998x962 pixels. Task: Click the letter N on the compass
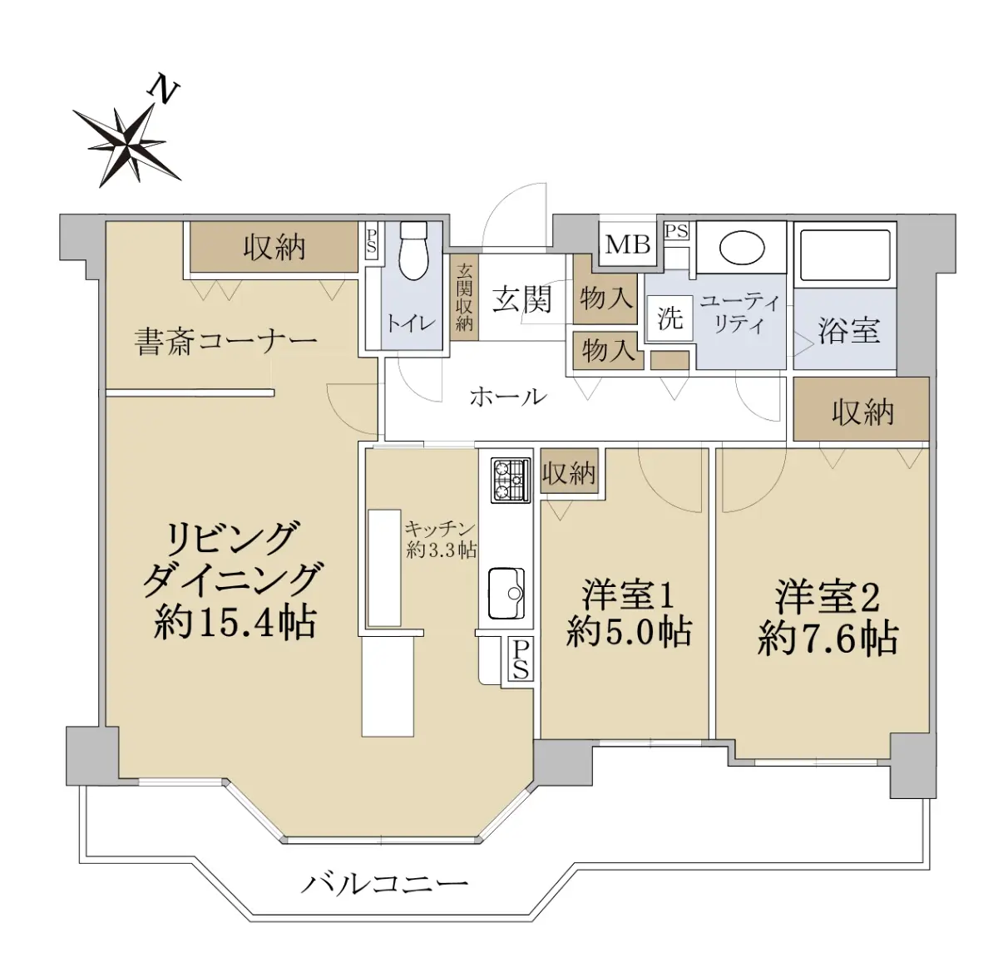pos(163,91)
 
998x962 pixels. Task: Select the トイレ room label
pos(411,323)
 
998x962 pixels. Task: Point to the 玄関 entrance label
pos(521,299)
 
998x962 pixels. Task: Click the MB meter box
pos(628,245)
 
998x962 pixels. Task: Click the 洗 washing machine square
pos(669,319)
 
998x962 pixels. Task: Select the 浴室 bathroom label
pos(849,330)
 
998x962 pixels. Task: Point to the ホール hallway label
pos(508,397)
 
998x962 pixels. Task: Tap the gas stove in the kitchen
pos(511,480)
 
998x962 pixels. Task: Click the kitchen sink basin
pos(506,594)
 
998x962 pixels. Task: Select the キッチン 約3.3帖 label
pos(441,540)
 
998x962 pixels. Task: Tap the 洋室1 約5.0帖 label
pos(629,614)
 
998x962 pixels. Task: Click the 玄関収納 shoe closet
pos(464,297)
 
